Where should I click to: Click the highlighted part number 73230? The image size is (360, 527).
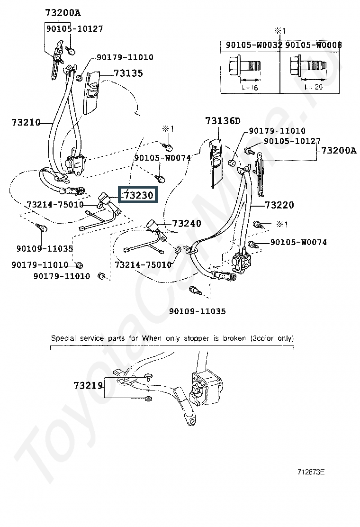(x=138, y=194)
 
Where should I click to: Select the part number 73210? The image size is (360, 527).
(x=26, y=122)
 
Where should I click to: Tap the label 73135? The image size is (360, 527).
(x=128, y=73)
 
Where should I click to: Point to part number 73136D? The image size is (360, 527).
(x=223, y=121)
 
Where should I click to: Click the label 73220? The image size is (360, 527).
(x=279, y=205)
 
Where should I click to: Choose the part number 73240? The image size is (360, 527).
(x=186, y=223)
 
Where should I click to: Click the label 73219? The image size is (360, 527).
(x=88, y=386)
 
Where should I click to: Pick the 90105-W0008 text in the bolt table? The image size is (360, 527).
(x=314, y=45)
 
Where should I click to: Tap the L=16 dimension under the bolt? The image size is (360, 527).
(x=249, y=88)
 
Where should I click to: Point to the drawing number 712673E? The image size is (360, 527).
(x=311, y=472)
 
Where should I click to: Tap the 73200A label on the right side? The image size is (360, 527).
(x=338, y=151)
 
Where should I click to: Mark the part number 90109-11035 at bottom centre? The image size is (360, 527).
(x=197, y=311)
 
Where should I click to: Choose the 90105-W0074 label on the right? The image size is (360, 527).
(x=298, y=242)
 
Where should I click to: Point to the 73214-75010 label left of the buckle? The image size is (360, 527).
(x=55, y=205)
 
